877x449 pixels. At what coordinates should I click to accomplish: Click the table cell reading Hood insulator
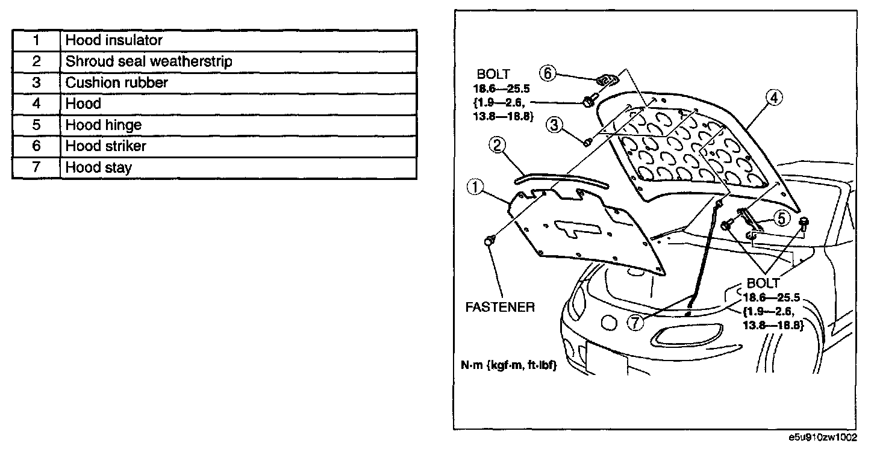pos(114,40)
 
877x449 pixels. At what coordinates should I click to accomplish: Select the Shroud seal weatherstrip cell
pos(149,61)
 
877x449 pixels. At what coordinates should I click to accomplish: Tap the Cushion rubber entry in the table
pos(117,82)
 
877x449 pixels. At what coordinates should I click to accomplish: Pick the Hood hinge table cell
pos(103,125)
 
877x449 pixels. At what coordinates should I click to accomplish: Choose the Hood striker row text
pos(105,146)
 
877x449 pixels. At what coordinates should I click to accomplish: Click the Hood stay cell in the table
pos(98,167)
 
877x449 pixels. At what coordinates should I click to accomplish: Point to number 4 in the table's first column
pos(36,104)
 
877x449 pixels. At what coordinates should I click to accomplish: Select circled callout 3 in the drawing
pos(555,125)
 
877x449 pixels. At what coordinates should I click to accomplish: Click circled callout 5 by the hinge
pos(781,218)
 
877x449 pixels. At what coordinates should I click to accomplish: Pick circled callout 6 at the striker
pos(547,73)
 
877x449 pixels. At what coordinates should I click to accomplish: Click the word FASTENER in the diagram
pos(500,307)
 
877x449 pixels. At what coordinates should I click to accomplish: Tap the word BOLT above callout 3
pos(493,75)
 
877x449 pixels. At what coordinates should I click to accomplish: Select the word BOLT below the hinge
pos(763,283)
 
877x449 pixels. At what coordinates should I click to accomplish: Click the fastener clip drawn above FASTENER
pos(489,241)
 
